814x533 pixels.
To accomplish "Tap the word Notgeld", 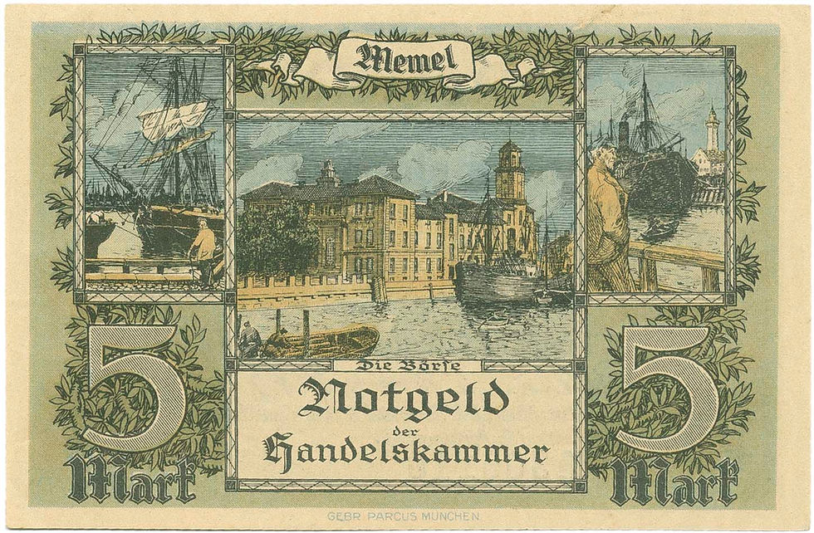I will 403,399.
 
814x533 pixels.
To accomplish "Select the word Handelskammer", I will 406,451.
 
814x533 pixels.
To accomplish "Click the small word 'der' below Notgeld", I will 405,425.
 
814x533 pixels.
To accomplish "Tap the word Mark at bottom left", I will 133,480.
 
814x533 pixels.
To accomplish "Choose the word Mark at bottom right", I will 674,480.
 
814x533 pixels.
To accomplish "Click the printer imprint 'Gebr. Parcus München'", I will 404,516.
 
